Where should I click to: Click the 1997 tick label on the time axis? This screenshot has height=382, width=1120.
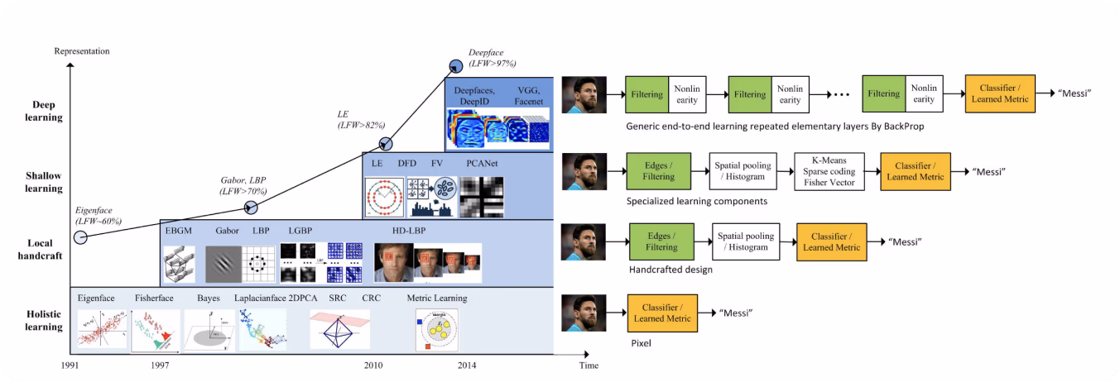click(160, 365)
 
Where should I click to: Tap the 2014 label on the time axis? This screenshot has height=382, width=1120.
click(467, 365)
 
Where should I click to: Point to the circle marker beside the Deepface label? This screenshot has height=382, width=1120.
click(456, 66)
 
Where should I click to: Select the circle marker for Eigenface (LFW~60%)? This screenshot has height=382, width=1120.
click(80, 237)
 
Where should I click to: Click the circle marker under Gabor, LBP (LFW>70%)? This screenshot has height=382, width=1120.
click(251, 208)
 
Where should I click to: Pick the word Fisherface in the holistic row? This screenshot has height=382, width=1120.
click(154, 298)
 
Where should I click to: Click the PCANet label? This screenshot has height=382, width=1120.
click(482, 163)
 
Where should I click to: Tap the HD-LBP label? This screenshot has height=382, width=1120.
click(409, 231)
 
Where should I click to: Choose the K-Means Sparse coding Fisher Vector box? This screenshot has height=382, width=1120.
click(829, 172)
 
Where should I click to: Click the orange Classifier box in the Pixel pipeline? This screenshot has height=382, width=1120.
click(662, 313)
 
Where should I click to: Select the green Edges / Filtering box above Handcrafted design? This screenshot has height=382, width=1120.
click(661, 241)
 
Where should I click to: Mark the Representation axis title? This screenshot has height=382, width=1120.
click(82, 51)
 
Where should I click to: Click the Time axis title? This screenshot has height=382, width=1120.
click(589, 365)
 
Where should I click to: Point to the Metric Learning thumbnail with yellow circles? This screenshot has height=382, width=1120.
click(436, 330)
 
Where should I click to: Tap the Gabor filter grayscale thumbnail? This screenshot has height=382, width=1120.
click(223, 264)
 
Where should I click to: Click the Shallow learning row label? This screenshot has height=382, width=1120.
click(44, 182)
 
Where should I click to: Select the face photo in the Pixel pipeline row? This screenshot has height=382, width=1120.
click(584, 313)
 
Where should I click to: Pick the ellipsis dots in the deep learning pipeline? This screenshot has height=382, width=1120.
click(842, 94)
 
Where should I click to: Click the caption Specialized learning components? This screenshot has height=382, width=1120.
click(697, 201)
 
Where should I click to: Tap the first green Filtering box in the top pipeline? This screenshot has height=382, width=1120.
click(647, 94)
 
